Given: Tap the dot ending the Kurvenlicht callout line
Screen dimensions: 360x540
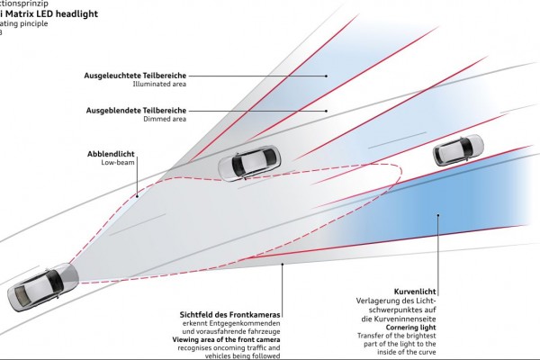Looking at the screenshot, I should pos(438,215).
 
